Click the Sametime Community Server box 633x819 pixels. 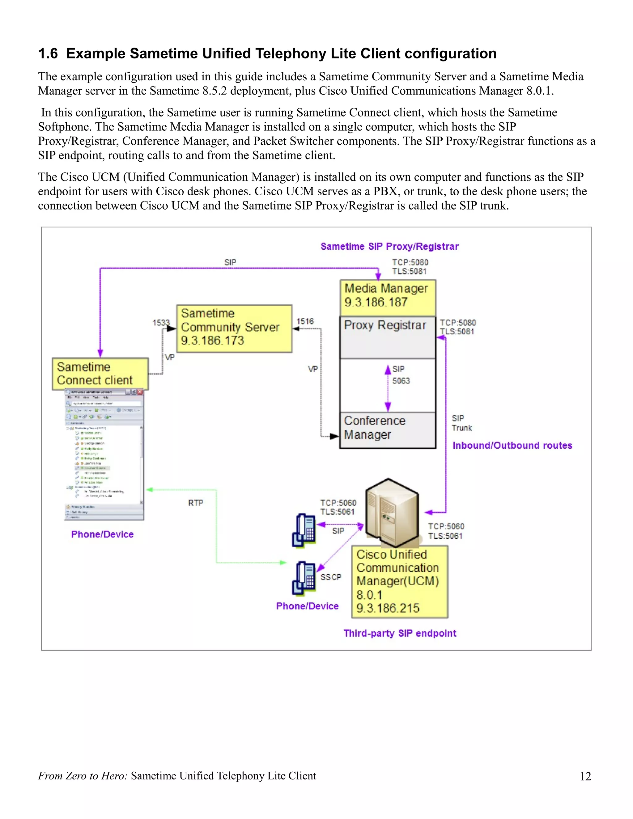[234, 328]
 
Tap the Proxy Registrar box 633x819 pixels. [387, 337]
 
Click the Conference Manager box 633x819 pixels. [387, 430]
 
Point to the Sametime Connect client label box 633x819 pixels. [100, 374]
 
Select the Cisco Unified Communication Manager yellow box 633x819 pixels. [399, 582]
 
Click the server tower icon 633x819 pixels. [392, 512]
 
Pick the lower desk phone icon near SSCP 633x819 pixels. [304, 578]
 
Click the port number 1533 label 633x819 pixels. [161, 322]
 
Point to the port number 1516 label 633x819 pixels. [305, 321]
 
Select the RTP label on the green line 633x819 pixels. [195, 503]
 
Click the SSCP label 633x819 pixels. [331, 577]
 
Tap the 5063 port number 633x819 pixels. [401, 381]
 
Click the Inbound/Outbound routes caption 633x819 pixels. [512, 445]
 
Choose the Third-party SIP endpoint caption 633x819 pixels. [400, 633]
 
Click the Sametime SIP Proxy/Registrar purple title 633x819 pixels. [389, 246]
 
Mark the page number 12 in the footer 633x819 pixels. [585, 777]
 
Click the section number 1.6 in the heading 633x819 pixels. [48, 54]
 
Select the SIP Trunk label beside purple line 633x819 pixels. [461, 423]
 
